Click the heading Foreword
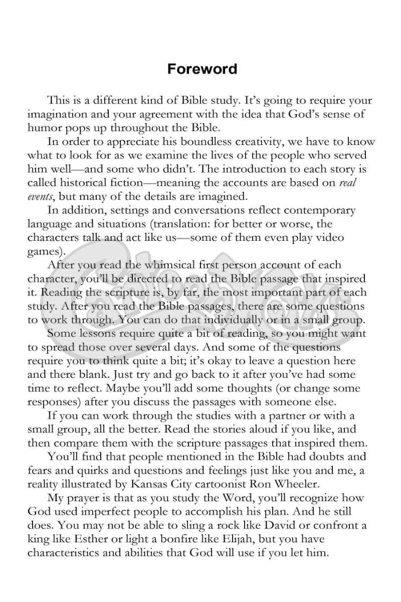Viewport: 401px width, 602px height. click(x=202, y=69)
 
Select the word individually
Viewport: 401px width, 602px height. click(x=216, y=319)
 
